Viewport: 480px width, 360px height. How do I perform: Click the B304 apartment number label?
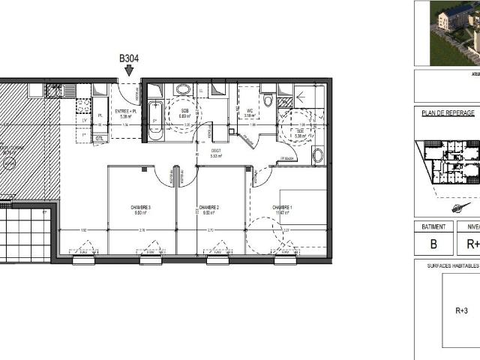(x=128, y=58)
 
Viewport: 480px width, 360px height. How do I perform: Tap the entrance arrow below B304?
(x=128, y=70)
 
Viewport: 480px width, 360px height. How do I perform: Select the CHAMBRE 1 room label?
(x=283, y=208)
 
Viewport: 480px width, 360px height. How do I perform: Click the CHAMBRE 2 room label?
(x=208, y=208)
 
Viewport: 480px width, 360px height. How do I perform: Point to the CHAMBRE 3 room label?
(x=140, y=208)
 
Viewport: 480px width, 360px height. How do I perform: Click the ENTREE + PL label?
(x=124, y=111)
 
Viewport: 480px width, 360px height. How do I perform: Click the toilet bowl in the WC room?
(x=268, y=100)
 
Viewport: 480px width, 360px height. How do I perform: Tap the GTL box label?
(x=99, y=138)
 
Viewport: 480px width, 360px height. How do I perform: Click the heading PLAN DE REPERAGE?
(x=448, y=113)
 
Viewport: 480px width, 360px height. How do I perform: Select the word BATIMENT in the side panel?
(x=433, y=226)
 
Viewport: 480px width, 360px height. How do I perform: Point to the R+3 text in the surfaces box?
(x=462, y=310)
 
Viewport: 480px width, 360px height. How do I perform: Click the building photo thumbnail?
(x=454, y=33)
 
